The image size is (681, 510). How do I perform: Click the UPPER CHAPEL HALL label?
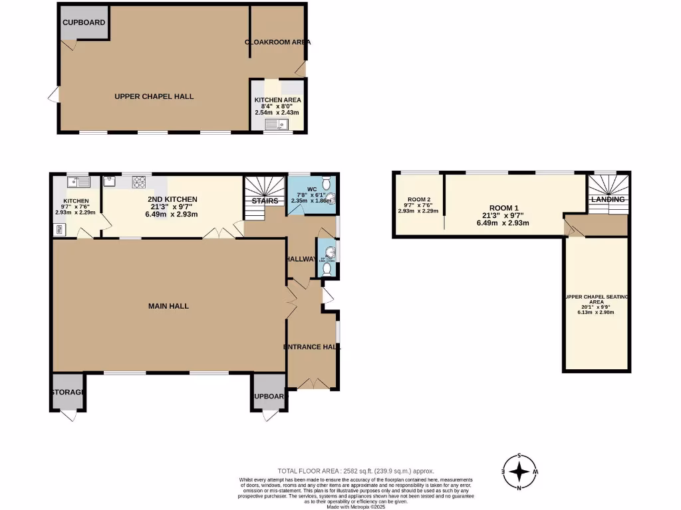click(154, 96)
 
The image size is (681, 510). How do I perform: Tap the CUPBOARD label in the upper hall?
click(84, 23)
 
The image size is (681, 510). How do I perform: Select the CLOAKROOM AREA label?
click(277, 42)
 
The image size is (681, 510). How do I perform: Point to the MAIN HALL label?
click(168, 306)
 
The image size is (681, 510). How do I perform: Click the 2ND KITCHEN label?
click(172, 199)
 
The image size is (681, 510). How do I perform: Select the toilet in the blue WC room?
click(325, 183)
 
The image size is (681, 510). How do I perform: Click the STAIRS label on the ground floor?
click(264, 200)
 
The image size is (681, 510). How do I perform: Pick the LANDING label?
click(608, 199)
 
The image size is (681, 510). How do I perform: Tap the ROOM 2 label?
click(418, 199)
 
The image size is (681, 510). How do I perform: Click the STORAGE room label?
click(68, 392)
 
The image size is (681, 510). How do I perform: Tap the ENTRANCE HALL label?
click(312, 347)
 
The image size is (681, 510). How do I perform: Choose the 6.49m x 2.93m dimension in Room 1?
click(503, 223)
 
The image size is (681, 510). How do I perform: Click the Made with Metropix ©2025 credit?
click(356, 507)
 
